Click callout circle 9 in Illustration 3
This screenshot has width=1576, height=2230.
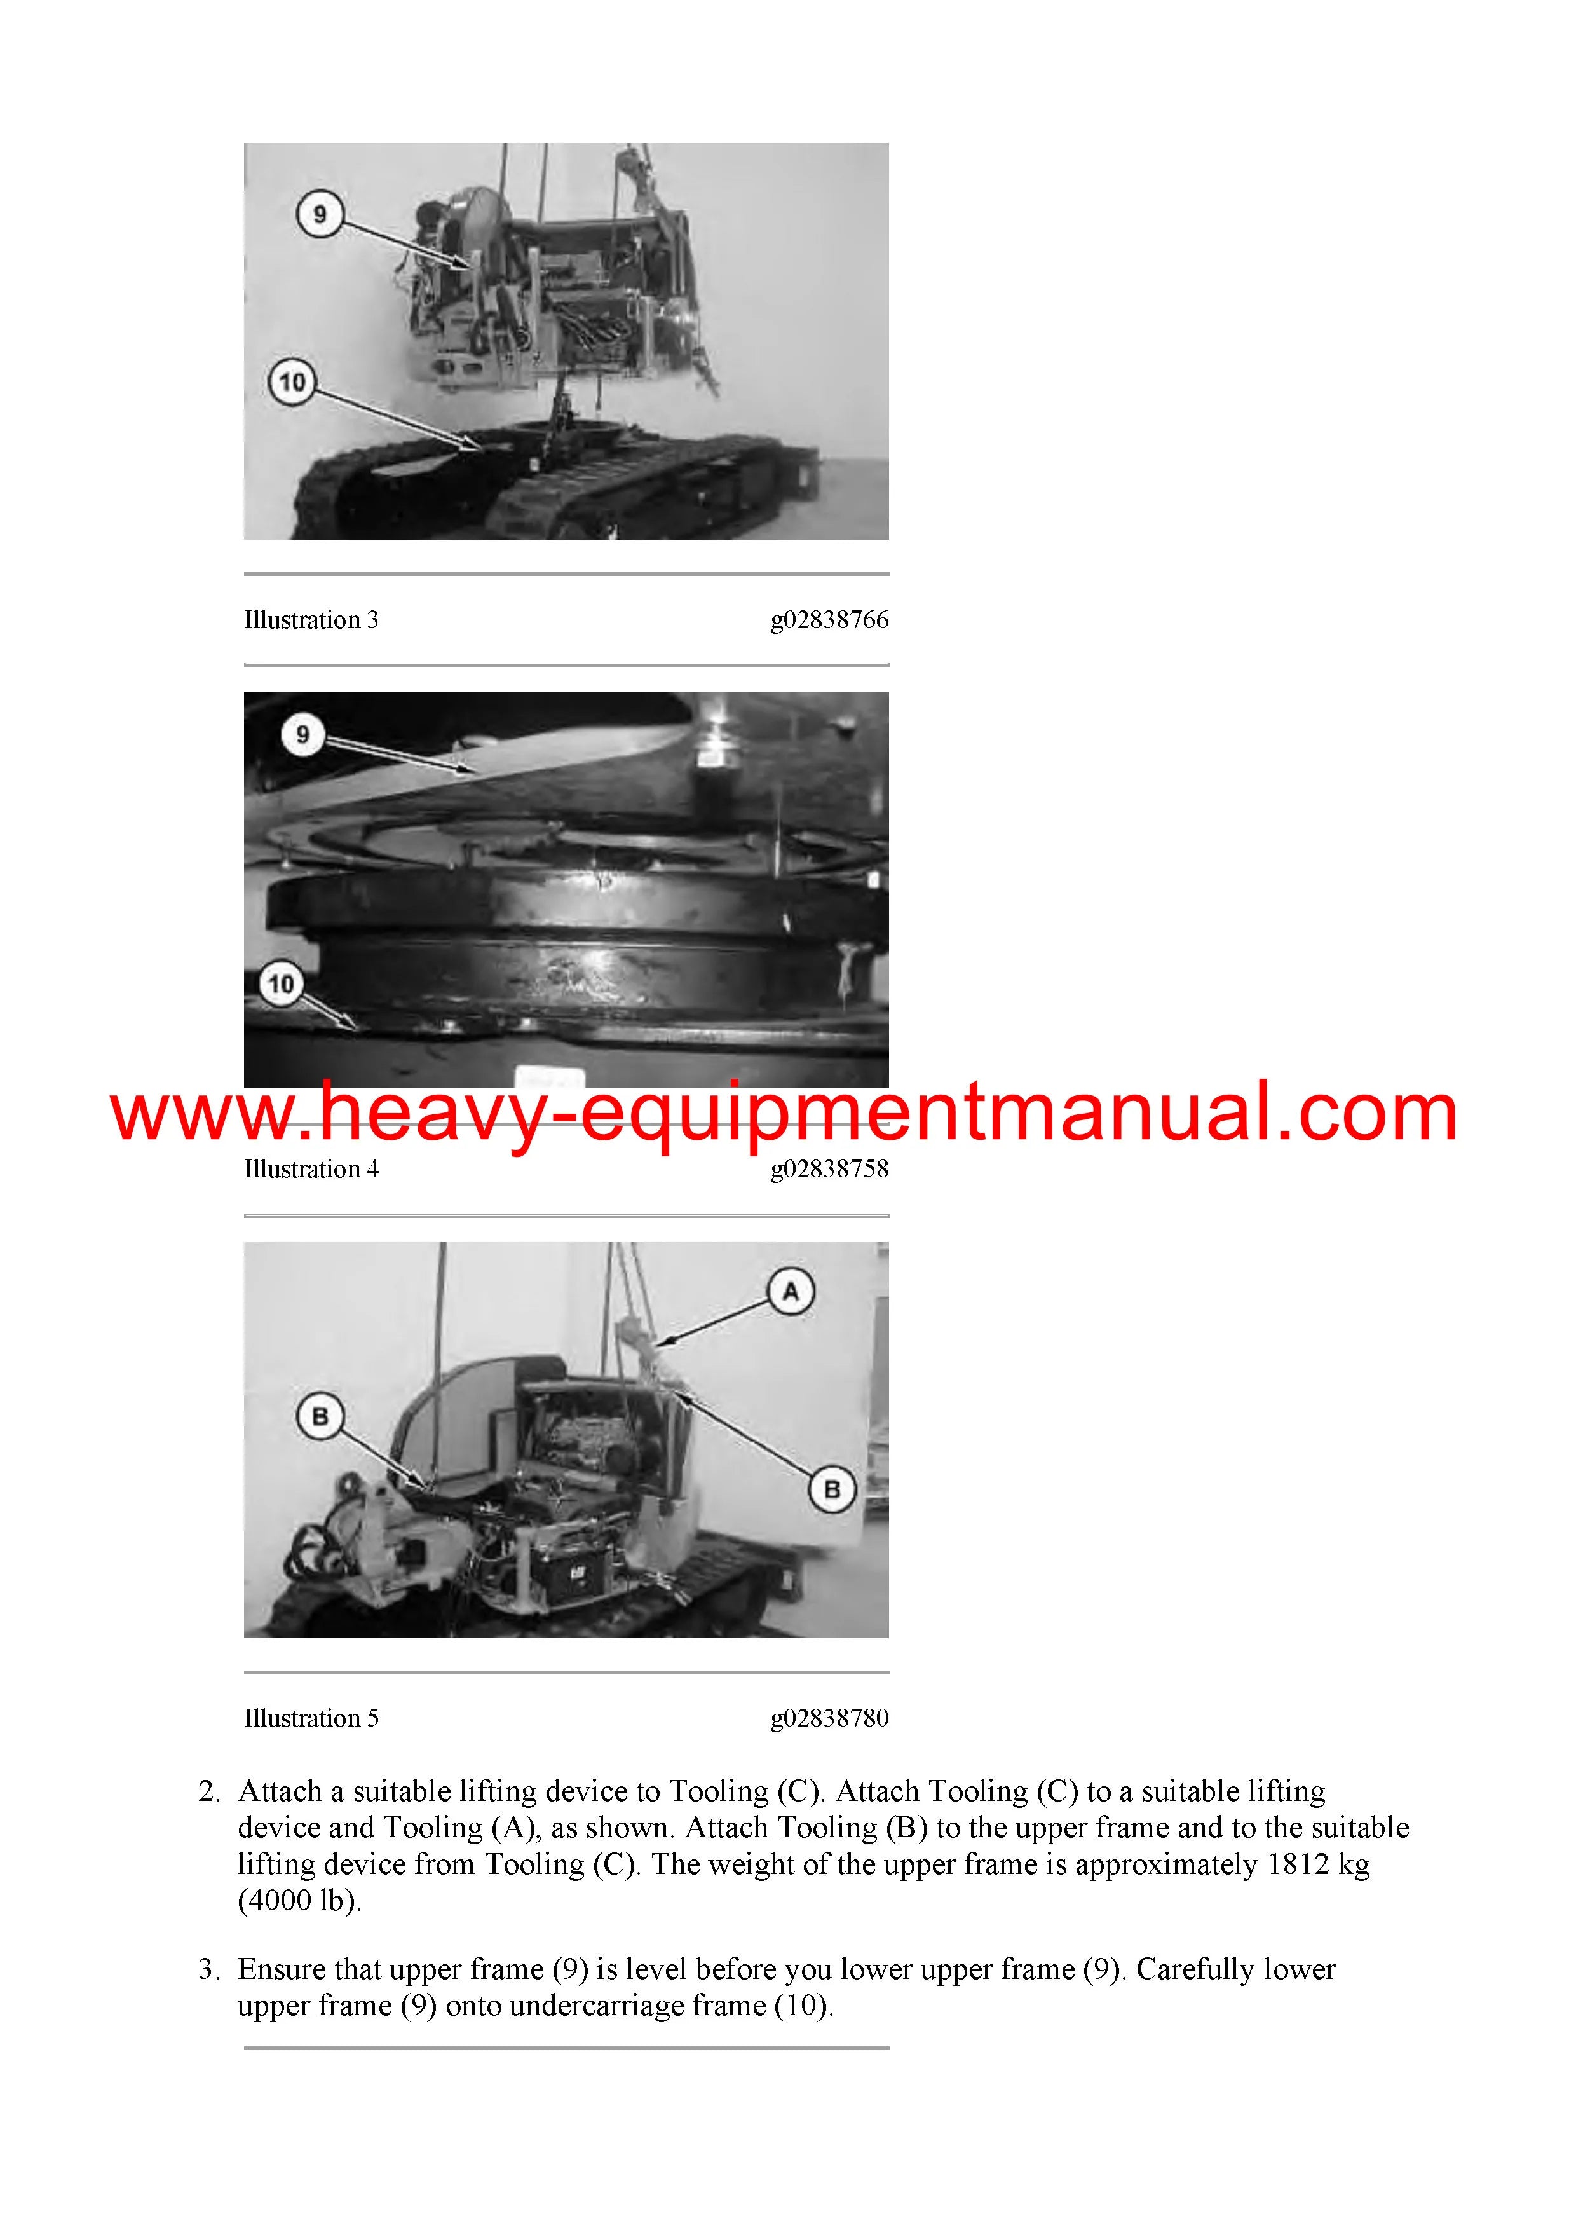coord(320,214)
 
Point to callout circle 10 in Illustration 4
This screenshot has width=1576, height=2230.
coord(282,985)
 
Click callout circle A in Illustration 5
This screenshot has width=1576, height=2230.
coord(791,1292)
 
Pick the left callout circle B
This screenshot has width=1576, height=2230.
coord(320,1417)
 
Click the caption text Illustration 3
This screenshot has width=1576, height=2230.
coord(311,620)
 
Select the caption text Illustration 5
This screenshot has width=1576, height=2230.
coord(311,1718)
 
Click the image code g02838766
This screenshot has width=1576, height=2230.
coord(829,620)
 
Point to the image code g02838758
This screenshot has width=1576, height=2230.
coord(829,1170)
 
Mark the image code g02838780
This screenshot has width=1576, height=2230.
coord(829,1719)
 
